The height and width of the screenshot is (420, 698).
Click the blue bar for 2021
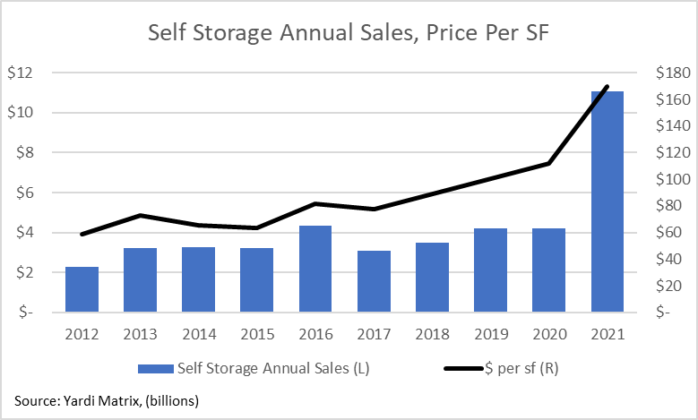coord(608,201)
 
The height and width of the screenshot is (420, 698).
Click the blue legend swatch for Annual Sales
coord(155,368)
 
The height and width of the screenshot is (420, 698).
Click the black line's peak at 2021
coord(608,87)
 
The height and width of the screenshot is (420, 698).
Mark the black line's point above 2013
coord(141,215)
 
